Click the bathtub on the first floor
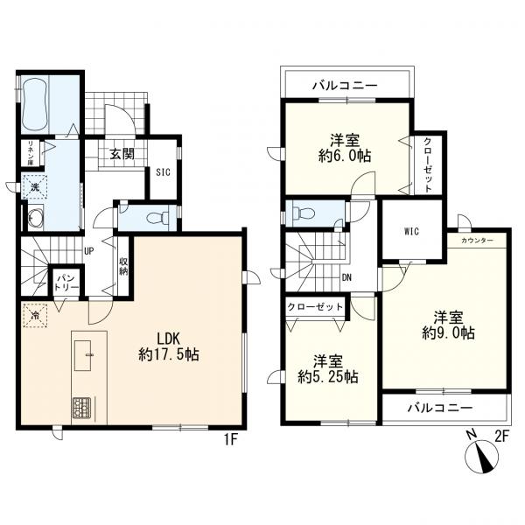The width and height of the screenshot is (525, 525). (35, 104)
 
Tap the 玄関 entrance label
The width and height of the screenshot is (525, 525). (122, 154)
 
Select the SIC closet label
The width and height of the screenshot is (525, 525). (164, 172)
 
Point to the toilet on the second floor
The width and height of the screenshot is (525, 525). (303, 213)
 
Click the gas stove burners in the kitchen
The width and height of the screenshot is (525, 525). (80, 407)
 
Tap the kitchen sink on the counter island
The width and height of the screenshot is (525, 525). (83, 355)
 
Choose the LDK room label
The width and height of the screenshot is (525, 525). (169, 339)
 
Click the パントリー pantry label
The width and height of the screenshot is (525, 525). (67, 283)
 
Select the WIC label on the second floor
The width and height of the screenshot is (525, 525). (411, 231)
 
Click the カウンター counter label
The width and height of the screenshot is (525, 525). (477, 241)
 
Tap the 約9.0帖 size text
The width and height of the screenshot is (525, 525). (448, 333)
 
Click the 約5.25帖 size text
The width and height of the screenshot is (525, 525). (328, 377)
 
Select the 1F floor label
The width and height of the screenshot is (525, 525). (231, 439)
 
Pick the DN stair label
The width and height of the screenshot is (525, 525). (346, 277)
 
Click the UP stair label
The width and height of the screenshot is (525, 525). (88, 251)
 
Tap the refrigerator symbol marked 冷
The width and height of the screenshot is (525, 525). (35, 315)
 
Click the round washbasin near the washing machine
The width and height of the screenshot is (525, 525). (34, 217)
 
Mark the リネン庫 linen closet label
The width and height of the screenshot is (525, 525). (31, 153)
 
